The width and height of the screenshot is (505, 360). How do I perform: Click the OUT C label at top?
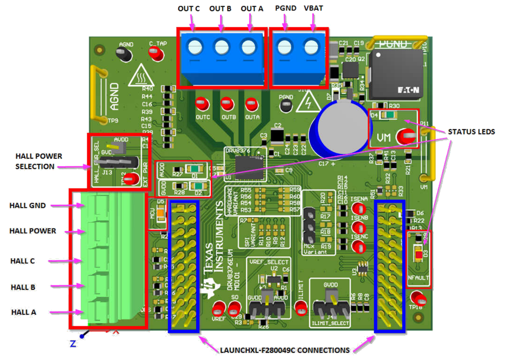[189, 9]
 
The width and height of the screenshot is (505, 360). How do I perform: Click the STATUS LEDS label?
[471, 132]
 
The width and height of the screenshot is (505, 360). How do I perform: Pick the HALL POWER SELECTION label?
[38, 161]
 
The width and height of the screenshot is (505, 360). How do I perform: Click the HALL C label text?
[23, 261]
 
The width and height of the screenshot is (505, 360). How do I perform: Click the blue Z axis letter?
[73, 343]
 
